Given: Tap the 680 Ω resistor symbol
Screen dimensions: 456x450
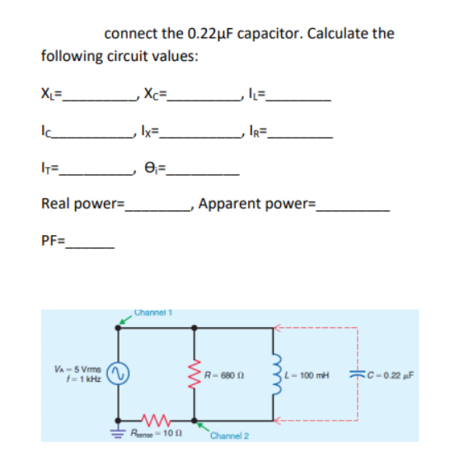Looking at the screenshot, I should tap(195, 377).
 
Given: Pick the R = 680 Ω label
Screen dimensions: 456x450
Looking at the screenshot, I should tap(223, 378).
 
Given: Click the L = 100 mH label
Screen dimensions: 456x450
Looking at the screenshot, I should tap(306, 378).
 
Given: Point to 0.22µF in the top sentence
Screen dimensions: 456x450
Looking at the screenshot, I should tap(213, 34).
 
